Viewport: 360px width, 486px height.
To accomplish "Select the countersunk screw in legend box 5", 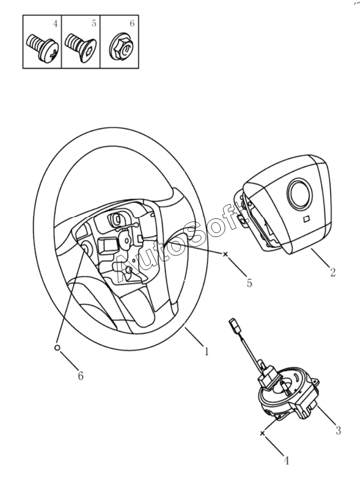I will (x=80, y=48).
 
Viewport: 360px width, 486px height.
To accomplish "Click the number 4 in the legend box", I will (x=54, y=24).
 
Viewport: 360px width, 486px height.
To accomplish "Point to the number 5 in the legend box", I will (x=94, y=24).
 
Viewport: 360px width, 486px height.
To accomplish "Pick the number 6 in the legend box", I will (x=132, y=24).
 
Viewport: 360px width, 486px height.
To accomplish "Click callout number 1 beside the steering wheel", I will (x=206, y=352).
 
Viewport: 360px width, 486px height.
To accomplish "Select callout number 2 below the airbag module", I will (x=332, y=272).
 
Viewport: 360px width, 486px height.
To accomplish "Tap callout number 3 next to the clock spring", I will (x=338, y=431).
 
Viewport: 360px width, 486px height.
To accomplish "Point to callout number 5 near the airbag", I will (x=249, y=282).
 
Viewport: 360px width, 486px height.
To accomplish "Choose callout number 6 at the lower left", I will (x=81, y=376).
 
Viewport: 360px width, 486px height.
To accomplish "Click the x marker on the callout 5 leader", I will (x=226, y=255).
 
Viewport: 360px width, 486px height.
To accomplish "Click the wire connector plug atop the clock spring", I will (x=233, y=326).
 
